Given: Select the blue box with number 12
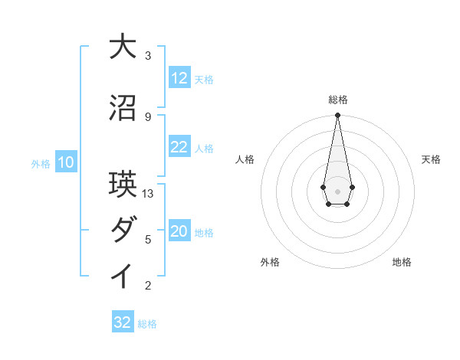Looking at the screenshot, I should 179,78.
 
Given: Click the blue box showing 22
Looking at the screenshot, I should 179,148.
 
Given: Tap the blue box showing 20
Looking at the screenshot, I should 179,232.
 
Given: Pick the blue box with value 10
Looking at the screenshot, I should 66,162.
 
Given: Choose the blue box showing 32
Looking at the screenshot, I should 123,322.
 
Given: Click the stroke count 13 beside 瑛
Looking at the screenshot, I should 148,194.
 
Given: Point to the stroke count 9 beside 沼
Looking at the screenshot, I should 148,116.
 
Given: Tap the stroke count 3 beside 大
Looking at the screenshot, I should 148,56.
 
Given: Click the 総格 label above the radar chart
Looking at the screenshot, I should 337,100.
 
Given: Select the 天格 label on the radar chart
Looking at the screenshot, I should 431,159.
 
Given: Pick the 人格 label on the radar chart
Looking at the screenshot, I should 245,159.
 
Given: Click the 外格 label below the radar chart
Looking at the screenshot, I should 270,262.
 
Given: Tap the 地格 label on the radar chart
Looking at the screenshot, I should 402,262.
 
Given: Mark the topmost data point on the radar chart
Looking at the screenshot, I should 337,116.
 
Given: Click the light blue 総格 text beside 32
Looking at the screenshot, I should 147,324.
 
